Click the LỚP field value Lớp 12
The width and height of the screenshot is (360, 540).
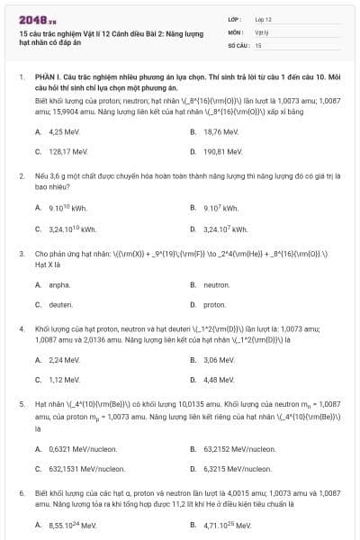(x=263, y=19)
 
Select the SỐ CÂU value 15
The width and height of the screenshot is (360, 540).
(x=258, y=44)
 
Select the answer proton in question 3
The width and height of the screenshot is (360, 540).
(x=215, y=305)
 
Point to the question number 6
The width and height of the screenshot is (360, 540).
(x=22, y=494)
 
